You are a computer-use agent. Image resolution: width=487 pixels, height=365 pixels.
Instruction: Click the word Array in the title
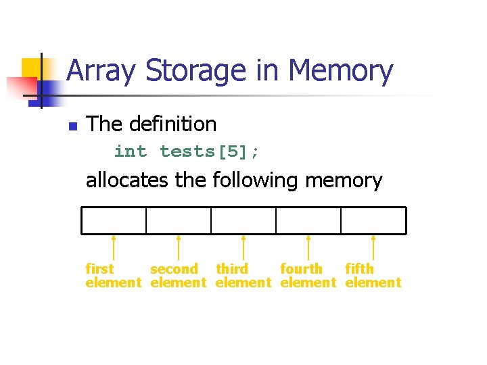pos(101,71)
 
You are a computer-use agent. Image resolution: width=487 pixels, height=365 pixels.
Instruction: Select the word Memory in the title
pos(340,71)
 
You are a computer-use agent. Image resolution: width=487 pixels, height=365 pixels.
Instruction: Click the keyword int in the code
pos(130,152)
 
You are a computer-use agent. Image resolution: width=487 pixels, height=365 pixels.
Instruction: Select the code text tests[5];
pos(209,152)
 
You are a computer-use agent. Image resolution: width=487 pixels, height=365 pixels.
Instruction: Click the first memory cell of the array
pos(114,220)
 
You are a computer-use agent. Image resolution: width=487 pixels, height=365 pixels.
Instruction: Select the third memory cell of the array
pos(243,220)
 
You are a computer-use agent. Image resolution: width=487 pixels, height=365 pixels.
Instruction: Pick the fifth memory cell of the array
pos(373,220)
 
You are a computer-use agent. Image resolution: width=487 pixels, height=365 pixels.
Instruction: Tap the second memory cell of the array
pos(179,220)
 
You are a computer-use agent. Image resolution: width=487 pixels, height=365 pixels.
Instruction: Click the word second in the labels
pos(174,269)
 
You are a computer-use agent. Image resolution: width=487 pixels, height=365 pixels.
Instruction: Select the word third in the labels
pos(232,269)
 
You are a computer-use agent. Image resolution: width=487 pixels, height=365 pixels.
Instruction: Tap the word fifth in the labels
pos(359,269)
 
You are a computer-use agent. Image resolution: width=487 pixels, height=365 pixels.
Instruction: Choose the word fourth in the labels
pos(301,269)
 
